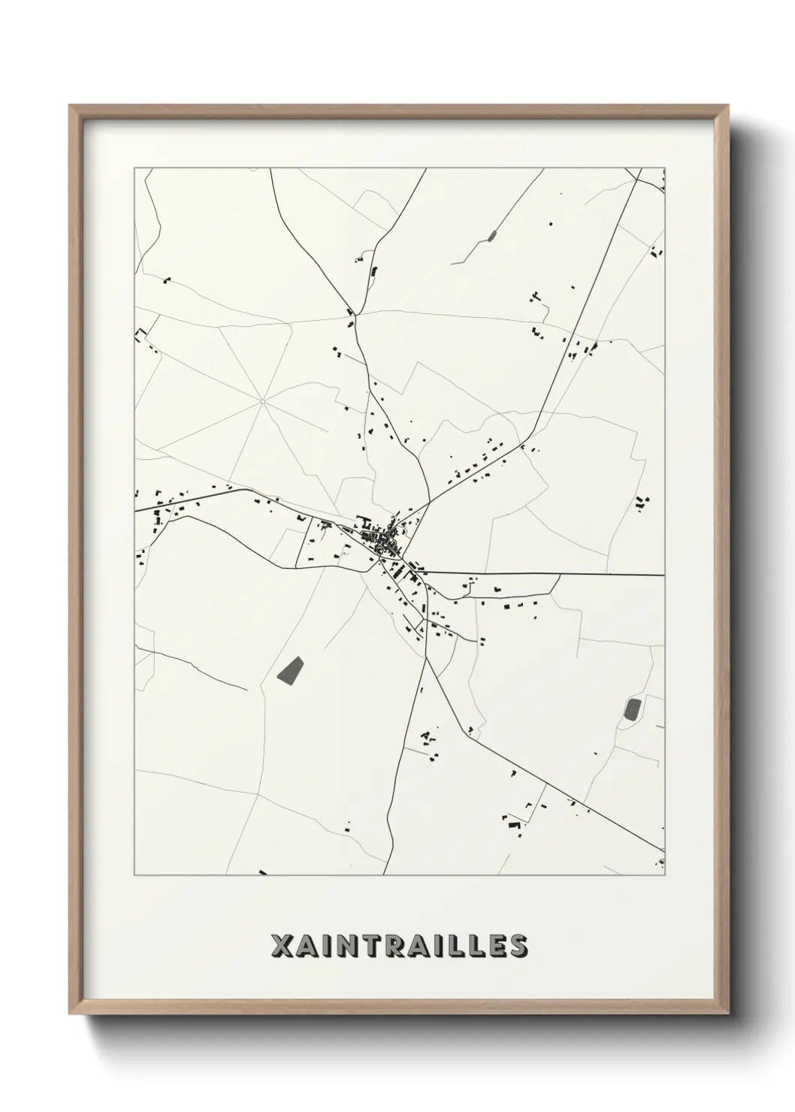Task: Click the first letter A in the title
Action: point(306,946)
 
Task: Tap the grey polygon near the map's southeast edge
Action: point(633,709)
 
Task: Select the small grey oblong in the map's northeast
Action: point(492,236)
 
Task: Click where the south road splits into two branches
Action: point(425,659)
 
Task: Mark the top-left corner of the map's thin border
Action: point(135,169)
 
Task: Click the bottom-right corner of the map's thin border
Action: point(665,875)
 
